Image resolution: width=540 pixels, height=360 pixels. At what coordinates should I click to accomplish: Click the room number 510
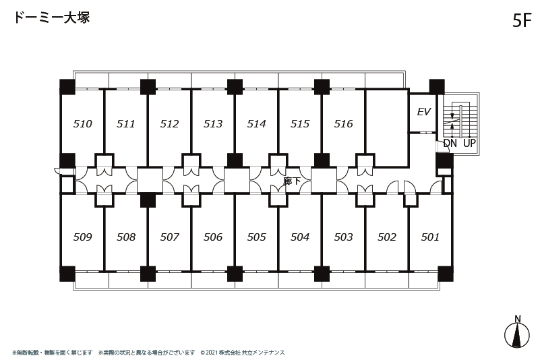coord(83,123)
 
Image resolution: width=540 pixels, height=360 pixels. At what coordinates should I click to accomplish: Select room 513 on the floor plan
coord(213,123)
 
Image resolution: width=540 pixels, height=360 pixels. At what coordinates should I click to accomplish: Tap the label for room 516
coord(344,123)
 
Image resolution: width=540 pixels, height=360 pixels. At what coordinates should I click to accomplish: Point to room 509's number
coord(83,237)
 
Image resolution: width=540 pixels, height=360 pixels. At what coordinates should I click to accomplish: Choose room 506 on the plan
coord(213,237)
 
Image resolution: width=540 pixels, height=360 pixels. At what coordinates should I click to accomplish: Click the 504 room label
coord(300,237)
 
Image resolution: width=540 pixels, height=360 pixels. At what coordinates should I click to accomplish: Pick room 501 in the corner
coord(430,237)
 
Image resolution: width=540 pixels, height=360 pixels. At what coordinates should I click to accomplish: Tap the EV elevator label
coord(424,112)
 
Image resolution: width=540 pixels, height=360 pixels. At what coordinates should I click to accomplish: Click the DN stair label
coord(450,143)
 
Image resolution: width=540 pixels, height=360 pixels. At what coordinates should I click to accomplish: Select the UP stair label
coord(469,143)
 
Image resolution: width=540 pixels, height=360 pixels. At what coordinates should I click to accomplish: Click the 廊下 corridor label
coord(292,181)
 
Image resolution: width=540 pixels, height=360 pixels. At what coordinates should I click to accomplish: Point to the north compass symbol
coord(517,332)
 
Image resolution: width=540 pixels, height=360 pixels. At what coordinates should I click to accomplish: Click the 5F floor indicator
coord(522,20)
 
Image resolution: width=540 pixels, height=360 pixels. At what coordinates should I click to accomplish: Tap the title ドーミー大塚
coord(52,18)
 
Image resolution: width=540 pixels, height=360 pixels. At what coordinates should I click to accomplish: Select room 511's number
coord(126,123)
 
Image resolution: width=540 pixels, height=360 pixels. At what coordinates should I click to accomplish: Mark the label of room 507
coord(170,237)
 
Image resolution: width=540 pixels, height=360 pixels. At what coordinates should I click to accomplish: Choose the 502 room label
coord(387,237)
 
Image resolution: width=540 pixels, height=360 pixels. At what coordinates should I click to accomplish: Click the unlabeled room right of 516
coord(387,127)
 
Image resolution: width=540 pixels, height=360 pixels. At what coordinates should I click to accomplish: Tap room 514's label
coord(257,123)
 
